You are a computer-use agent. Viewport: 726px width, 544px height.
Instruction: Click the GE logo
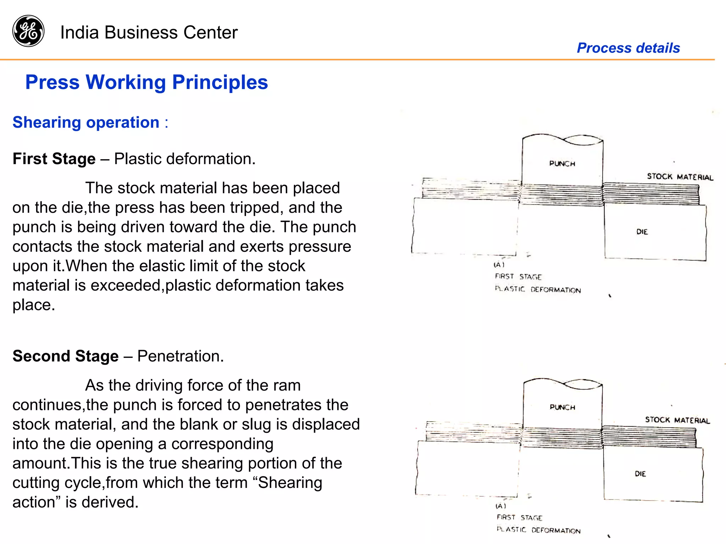[x=28, y=31]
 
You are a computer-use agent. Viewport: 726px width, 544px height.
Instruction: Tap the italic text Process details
[x=628, y=48]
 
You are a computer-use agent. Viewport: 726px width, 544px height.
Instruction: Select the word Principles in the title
[x=220, y=82]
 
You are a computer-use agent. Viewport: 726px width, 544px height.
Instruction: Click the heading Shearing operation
[x=86, y=122]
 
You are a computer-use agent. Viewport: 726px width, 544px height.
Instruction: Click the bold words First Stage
[x=54, y=159]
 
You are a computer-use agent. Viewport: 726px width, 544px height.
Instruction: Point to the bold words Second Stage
[x=66, y=356]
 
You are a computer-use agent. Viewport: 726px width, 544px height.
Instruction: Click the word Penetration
[x=180, y=356]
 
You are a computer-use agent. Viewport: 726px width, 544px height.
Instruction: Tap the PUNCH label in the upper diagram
[x=562, y=163]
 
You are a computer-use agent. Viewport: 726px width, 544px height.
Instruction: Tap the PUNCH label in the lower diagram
[x=562, y=407]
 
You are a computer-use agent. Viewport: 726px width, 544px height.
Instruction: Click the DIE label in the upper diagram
[x=642, y=232]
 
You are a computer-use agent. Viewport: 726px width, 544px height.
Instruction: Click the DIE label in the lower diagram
[x=640, y=474]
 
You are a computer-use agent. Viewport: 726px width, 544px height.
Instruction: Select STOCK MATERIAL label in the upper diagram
[x=680, y=177]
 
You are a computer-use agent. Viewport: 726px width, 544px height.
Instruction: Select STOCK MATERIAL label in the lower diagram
[x=677, y=420]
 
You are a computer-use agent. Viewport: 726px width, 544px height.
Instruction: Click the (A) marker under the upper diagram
[x=499, y=265]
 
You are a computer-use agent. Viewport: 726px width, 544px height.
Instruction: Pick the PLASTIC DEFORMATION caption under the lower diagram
[x=538, y=530]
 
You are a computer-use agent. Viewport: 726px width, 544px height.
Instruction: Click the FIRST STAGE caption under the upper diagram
[x=518, y=277]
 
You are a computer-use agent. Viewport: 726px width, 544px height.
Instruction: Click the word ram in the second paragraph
[x=289, y=385]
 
